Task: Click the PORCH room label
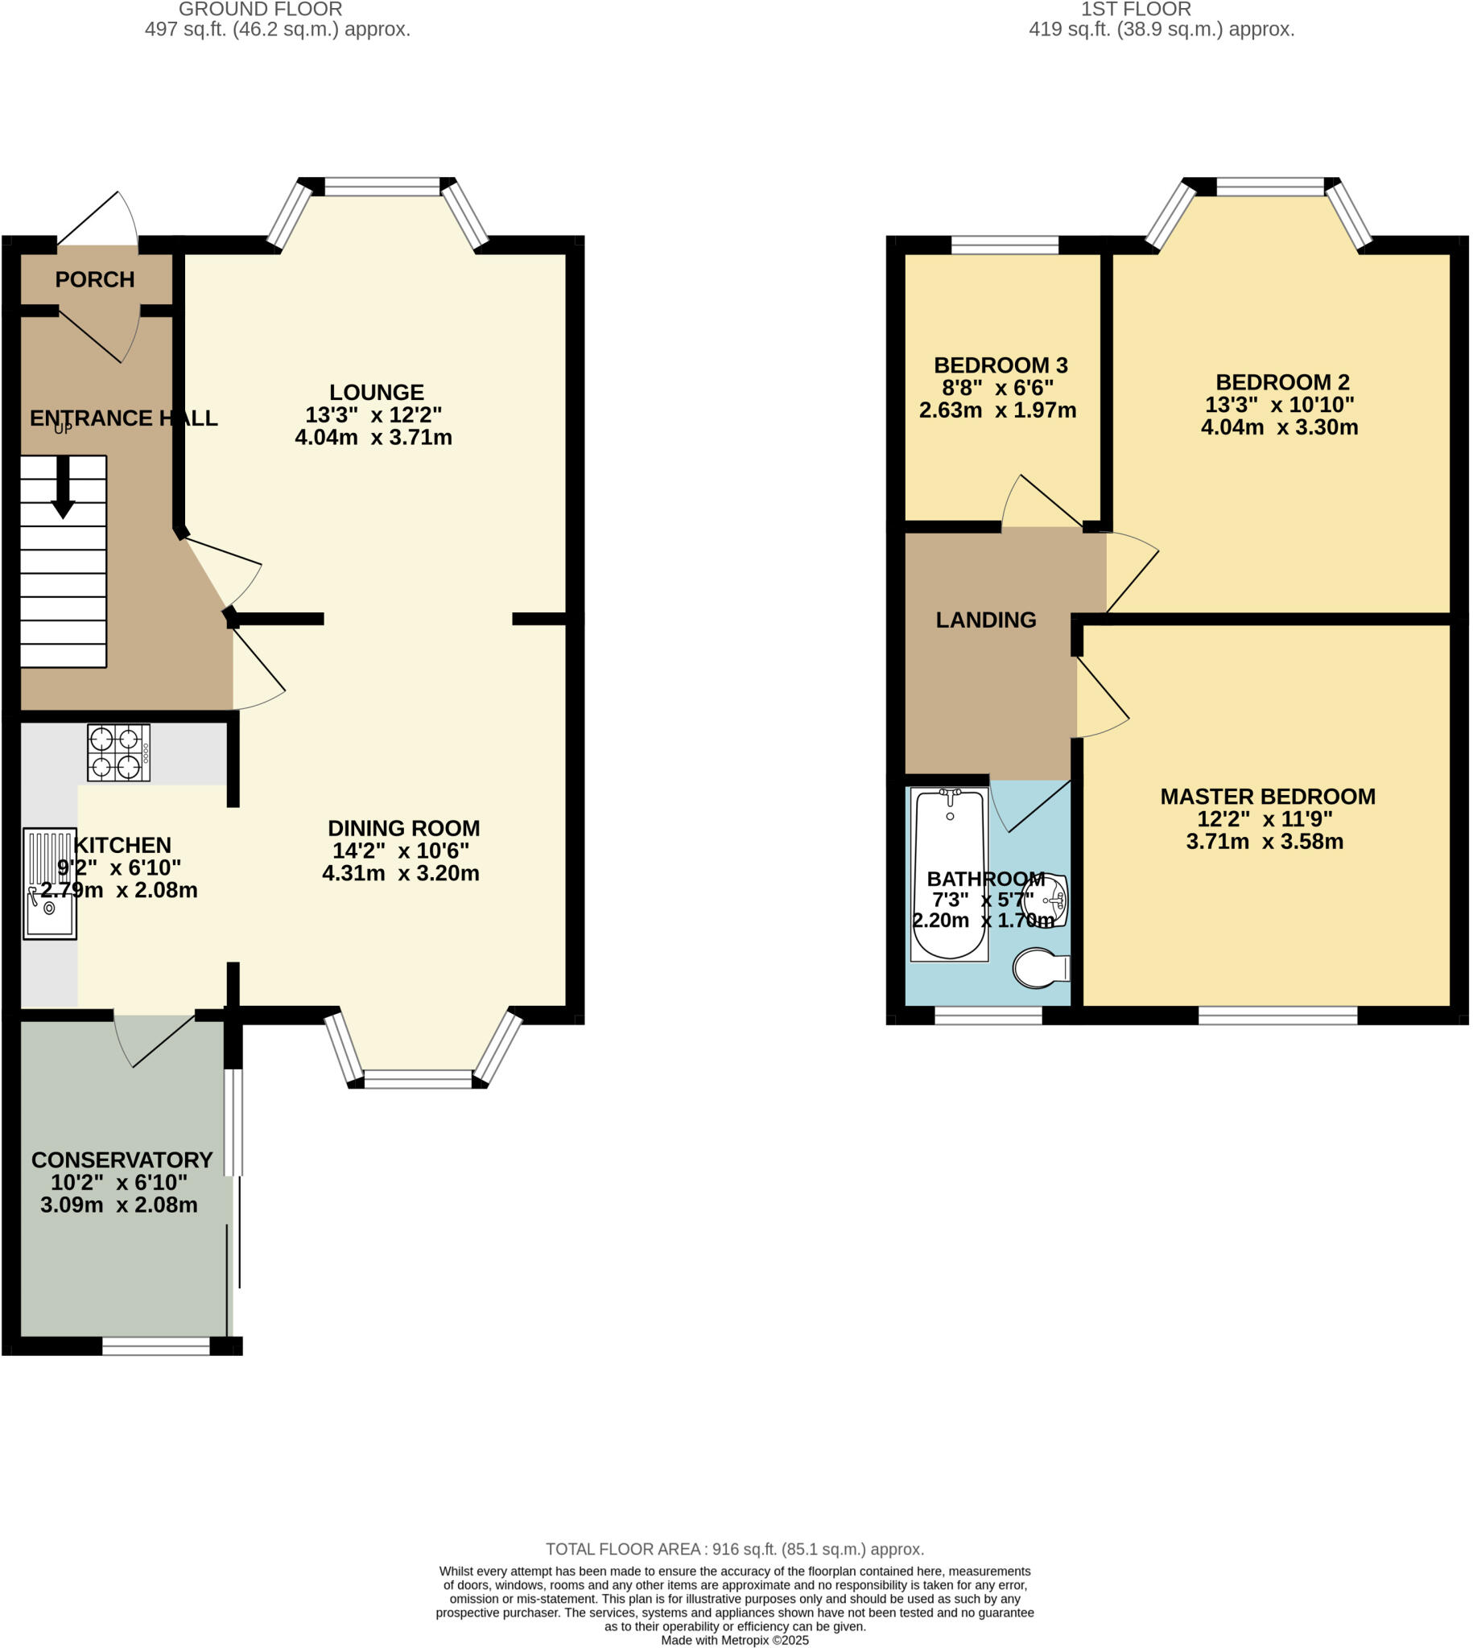point(95,280)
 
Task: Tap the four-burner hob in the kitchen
point(119,752)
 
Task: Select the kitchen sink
point(50,884)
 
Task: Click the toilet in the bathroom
point(1042,968)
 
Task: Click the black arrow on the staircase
point(63,487)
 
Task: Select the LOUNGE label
point(377,393)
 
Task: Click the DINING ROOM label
point(404,829)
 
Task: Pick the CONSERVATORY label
point(122,1160)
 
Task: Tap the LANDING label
point(986,620)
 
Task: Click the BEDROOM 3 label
point(1001,365)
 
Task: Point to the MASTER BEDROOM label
point(1269,797)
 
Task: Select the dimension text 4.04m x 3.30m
point(1280,427)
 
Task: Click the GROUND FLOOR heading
point(261,10)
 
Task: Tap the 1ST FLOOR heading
point(1137,10)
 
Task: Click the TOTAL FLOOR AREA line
point(735,1549)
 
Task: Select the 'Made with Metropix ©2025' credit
point(735,1641)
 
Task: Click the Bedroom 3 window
point(1005,245)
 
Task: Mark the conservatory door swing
point(154,1040)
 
